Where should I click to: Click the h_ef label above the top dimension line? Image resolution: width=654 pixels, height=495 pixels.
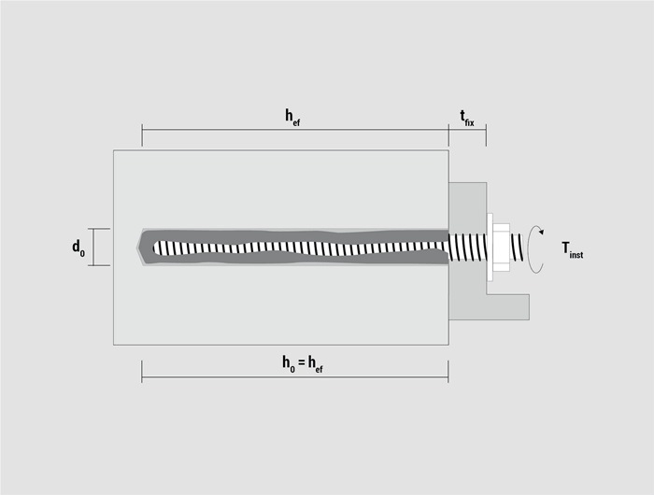point(292,117)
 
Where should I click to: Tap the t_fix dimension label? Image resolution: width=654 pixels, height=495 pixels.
point(467,118)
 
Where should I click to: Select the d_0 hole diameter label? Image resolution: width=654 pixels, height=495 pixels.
point(78,247)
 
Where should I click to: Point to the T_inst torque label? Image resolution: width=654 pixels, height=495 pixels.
point(572,250)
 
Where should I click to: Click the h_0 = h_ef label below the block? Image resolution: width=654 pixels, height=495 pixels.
point(303,363)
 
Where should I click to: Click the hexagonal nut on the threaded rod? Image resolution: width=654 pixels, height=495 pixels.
point(502,247)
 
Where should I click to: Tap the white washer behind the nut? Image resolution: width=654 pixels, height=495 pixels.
point(490,247)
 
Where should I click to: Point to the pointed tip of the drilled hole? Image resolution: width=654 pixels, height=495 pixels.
point(138,247)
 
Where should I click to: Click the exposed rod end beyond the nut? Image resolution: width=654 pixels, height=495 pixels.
point(517,247)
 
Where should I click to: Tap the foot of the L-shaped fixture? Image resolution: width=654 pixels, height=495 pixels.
point(508,307)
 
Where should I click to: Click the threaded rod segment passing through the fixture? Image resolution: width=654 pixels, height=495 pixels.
point(467,247)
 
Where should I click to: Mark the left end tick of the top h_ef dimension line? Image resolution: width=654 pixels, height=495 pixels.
point(142,135)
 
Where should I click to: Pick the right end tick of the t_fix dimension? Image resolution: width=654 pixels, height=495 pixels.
point(486,135)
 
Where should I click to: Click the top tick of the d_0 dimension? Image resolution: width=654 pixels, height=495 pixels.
point(99,229)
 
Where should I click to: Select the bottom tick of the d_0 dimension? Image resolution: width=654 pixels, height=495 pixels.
point(99,265)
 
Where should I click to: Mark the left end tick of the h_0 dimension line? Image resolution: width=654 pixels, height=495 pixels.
point(142,372)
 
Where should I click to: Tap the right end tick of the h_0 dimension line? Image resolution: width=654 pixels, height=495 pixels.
point(448,372)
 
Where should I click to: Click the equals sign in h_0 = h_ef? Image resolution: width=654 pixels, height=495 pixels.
point(302,363)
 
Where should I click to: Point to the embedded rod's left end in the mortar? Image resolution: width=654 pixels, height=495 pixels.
point(154,247)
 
